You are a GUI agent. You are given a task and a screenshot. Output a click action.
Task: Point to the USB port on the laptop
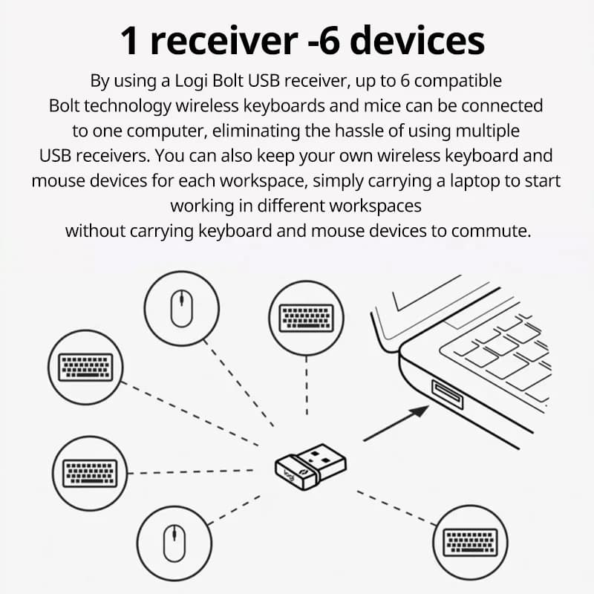point(446,393)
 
